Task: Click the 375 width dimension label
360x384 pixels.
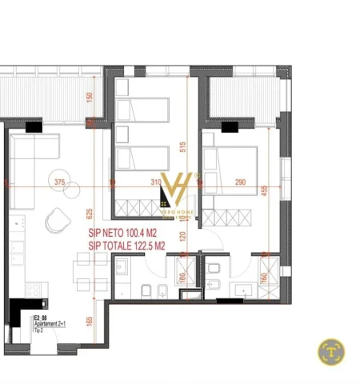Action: point(58,182)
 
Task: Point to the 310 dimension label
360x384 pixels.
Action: point(155,182)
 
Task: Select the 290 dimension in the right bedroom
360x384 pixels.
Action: point(240,182)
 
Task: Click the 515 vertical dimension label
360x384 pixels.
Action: point(182,146)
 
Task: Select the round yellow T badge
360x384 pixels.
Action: point(331,350)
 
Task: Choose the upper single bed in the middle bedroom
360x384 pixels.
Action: point(142,110)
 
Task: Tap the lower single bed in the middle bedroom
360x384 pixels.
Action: point(142,158)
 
